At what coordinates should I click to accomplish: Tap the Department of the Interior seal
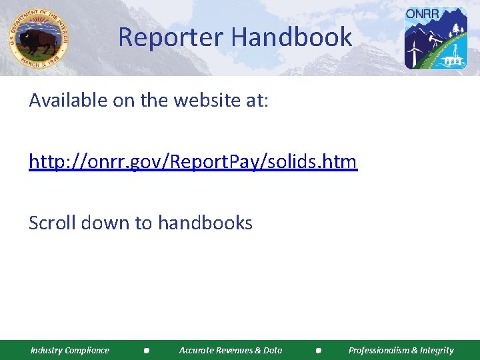[39, 39]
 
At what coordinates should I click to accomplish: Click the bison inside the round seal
[37, 42]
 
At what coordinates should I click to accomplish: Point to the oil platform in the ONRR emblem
[453, 59]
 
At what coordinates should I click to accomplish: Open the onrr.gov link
[193, 162]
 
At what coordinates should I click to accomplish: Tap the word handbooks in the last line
[205, 223]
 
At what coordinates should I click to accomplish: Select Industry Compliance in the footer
[70, 350]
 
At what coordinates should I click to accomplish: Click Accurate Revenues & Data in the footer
[231, 350]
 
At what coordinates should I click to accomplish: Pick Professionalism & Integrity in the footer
[401, 350]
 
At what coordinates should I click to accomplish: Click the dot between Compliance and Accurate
[146, 350]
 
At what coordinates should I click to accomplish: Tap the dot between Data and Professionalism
[319, 350]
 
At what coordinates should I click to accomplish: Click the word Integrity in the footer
[437, 350]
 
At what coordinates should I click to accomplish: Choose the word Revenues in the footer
[231, 350]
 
